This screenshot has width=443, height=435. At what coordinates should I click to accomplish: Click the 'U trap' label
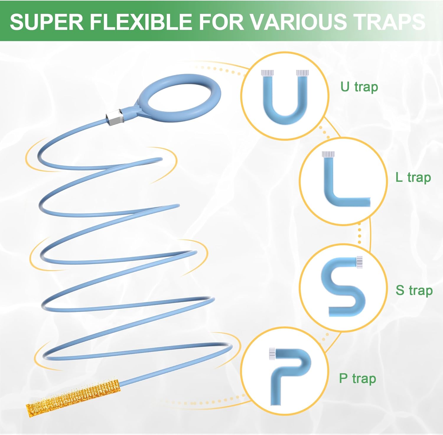point(359,87)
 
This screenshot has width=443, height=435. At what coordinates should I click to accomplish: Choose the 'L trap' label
point(413,177)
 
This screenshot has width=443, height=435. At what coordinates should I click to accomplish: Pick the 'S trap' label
point(414,290)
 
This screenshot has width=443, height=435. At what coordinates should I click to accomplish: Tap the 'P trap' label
point(357,378)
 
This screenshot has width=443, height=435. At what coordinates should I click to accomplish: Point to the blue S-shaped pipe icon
point(343,287)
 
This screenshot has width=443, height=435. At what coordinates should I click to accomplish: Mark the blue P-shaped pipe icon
point(289,373)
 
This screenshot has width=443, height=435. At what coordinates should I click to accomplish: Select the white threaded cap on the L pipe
point(328,154)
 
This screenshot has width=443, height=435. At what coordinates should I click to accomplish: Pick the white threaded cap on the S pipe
point(359,262)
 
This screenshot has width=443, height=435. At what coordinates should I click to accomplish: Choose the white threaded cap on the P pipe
point(272,353)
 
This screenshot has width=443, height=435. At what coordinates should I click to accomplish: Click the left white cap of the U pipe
point(267,73)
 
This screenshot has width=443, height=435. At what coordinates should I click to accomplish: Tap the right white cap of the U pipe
point(302,73)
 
